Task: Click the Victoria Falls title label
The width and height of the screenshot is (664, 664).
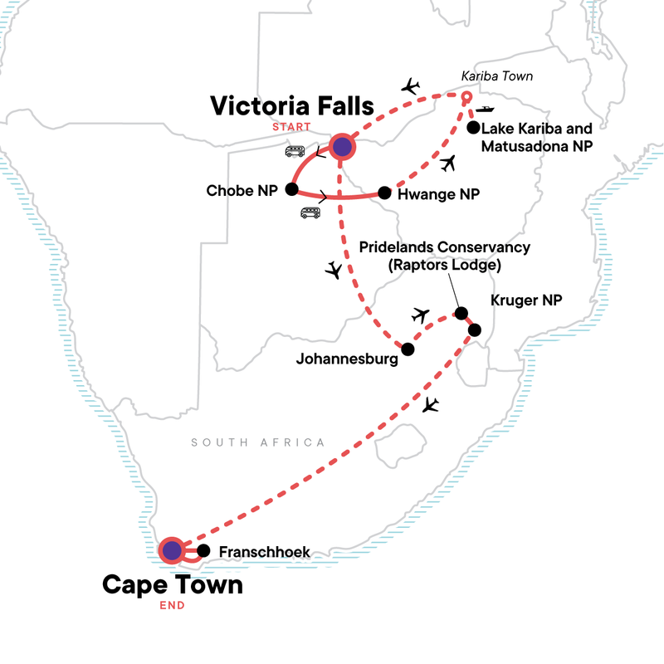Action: click(x=291, y=106)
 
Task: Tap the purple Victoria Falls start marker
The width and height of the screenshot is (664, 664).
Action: click(x=343, y=147)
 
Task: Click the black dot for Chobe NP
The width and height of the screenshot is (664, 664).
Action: click(x=291, y=189)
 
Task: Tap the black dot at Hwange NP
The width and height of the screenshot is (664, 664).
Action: click(x=384, y=193)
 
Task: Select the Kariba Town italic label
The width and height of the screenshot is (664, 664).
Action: click(x=496, y=78)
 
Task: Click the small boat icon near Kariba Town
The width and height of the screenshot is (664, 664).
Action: click(x=486, y=108)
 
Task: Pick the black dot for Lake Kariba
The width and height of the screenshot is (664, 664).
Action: click(x=473, y=128)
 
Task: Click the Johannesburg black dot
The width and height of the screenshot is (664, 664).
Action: click(x=407, y=349)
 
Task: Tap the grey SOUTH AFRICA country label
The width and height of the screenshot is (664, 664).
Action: click(x=257, y=442)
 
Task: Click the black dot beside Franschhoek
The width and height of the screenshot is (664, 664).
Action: click(x=203, y=549)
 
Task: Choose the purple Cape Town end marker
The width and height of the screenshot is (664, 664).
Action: click(x=172, y=549)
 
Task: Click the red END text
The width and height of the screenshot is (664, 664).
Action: click(x=172, y=605)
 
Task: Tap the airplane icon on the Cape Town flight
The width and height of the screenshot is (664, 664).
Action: click(x=429, y=405)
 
